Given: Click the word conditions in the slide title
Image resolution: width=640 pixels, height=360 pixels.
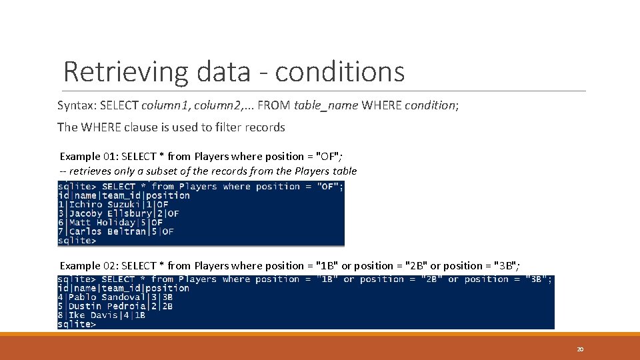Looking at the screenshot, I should pos(339,71).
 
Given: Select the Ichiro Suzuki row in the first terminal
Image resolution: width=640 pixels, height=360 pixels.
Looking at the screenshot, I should pos(113,205).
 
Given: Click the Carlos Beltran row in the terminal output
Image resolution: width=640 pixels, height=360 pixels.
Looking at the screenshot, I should pos(116,231).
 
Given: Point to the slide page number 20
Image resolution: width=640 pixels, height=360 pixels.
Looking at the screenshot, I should pos(580,349).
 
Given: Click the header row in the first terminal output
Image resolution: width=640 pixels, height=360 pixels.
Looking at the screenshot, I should pos(124,195).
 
